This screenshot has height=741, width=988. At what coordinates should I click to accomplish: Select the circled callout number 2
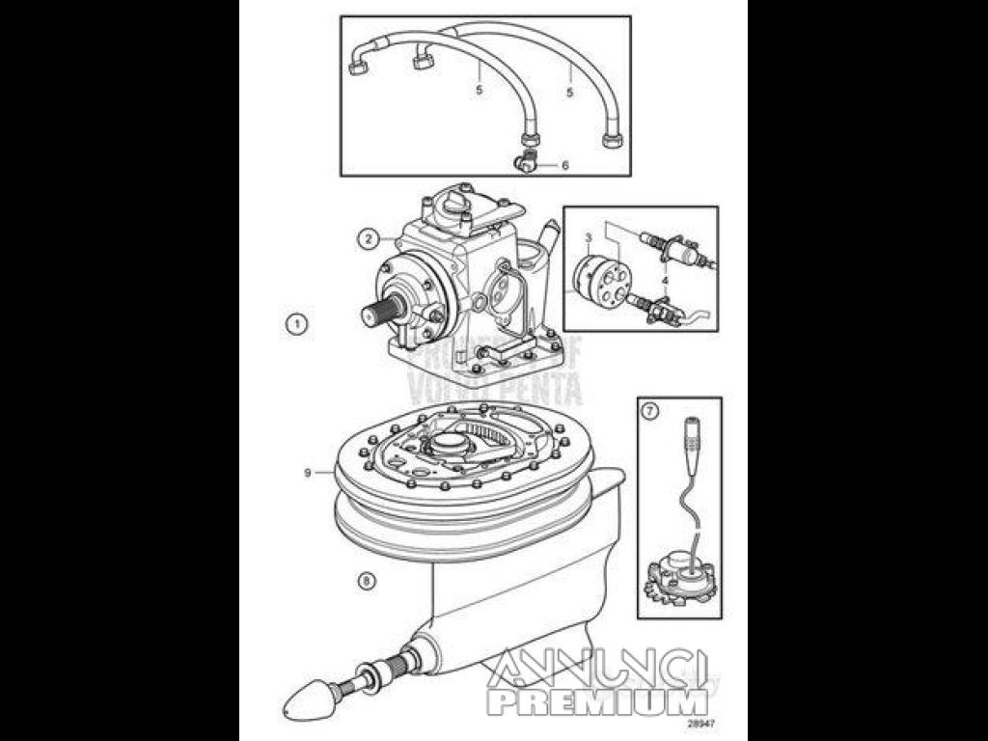(x=368, y=238)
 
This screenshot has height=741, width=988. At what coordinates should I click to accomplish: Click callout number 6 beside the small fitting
(x=564, y=165)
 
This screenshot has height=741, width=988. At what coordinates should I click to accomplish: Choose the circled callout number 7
(x=650, y=411)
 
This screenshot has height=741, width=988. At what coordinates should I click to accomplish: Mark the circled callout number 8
(x=365, y=581)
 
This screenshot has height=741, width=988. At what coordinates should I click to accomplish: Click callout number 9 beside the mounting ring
(x=307, y=473)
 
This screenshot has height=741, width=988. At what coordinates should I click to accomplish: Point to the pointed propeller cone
(x=309, y=692)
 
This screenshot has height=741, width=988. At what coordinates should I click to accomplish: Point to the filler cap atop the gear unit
(x=453, y=204)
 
